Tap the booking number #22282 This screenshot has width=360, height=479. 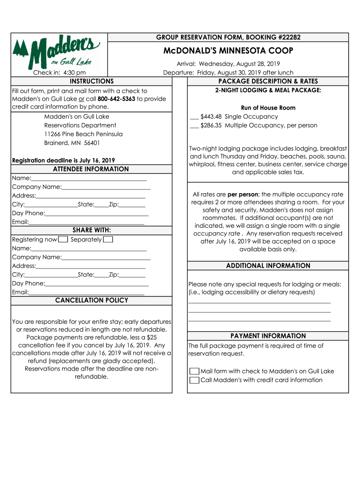[285, 37]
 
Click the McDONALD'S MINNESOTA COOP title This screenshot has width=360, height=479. [228, 51]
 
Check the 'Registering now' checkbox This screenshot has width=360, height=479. [63, 240]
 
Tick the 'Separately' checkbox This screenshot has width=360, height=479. [108, 240]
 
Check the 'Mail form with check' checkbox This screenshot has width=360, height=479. [194, 371]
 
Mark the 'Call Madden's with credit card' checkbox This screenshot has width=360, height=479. [194, 380]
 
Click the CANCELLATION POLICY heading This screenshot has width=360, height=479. [92, 300]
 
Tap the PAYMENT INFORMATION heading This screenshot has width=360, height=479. [268, 336]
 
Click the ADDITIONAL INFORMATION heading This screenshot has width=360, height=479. [268, 266]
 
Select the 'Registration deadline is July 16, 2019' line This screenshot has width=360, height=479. [64, 160]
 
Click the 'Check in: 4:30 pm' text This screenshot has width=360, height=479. [59, 73]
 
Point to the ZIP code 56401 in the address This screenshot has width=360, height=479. [92, 143]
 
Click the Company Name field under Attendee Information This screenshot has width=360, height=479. [106, 187]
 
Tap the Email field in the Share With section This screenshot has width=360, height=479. [86, 292]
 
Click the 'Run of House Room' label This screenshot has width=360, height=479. [268, 108]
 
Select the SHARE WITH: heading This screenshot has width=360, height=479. [92, 230]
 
